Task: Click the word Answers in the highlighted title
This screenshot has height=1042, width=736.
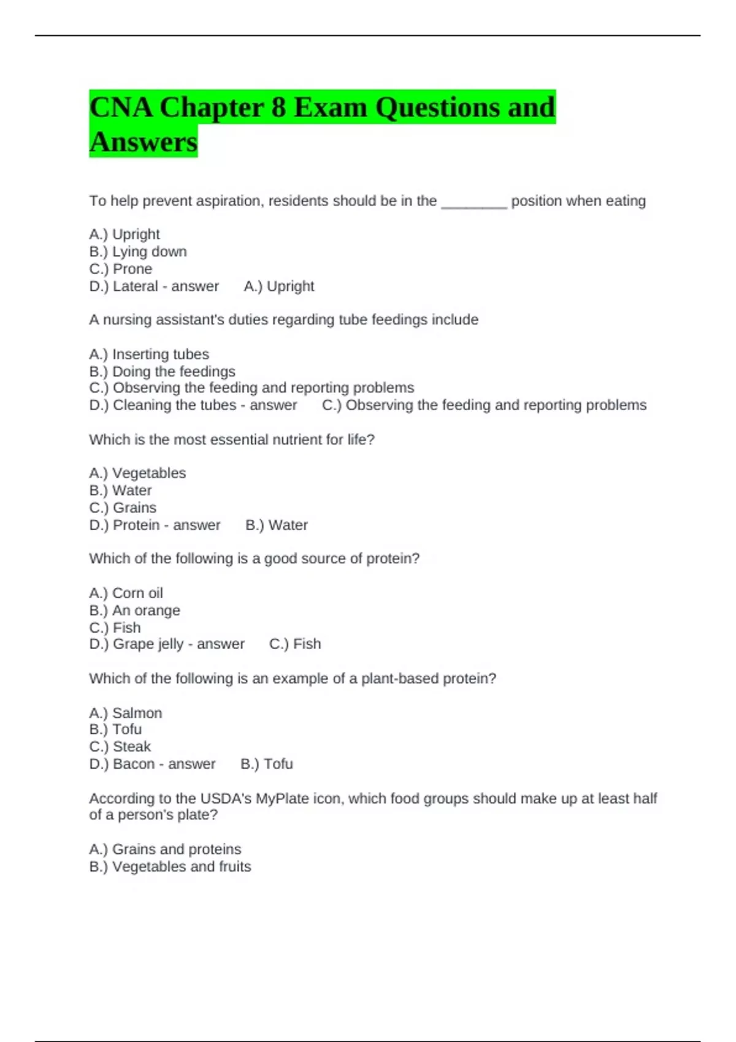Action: point(143,142)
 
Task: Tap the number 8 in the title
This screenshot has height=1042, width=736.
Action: point(278,107)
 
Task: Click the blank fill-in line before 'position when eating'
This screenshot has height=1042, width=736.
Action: point(473,202)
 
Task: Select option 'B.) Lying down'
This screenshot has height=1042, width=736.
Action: point(138,251)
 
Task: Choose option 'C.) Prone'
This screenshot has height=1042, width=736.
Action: point(121,268)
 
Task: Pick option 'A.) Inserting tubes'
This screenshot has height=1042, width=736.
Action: point(149,354)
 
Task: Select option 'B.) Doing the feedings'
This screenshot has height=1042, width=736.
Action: point(162,371)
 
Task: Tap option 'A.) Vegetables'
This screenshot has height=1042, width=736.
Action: point(137,473)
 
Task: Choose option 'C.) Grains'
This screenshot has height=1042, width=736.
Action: point(123,508)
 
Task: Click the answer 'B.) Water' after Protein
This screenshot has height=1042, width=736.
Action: point(277,525)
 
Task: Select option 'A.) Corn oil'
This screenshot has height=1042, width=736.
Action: point(126,593)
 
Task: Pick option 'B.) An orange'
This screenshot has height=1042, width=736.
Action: point(134,610)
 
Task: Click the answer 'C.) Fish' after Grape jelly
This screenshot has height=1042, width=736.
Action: point(295,644)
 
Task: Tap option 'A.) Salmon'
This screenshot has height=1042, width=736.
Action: point(126,713)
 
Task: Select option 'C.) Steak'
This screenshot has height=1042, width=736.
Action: point(120,747)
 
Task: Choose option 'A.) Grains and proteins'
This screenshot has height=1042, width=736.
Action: point(165,849)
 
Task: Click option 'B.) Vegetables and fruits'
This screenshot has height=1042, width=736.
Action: point(170,866)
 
